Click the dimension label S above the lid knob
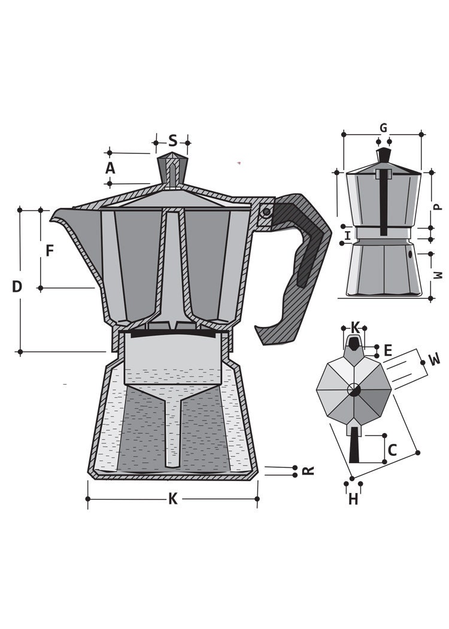tap(172, 141)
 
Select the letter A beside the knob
tap(110, 168)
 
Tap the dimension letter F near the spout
tap(50, 250)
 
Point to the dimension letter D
tap(17, 287)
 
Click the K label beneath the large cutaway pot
tap(172, 499)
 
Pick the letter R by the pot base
tap(308, 471)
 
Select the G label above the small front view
tap(383, 128)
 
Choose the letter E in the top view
tap(388, 350)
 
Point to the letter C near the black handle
tap(393, 450)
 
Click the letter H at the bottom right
tap(353, 499)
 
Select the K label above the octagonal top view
tap(355, 328)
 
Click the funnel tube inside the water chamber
tap(172, 431)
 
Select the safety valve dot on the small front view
tap(410, 254)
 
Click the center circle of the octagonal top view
tap(354, 390)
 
